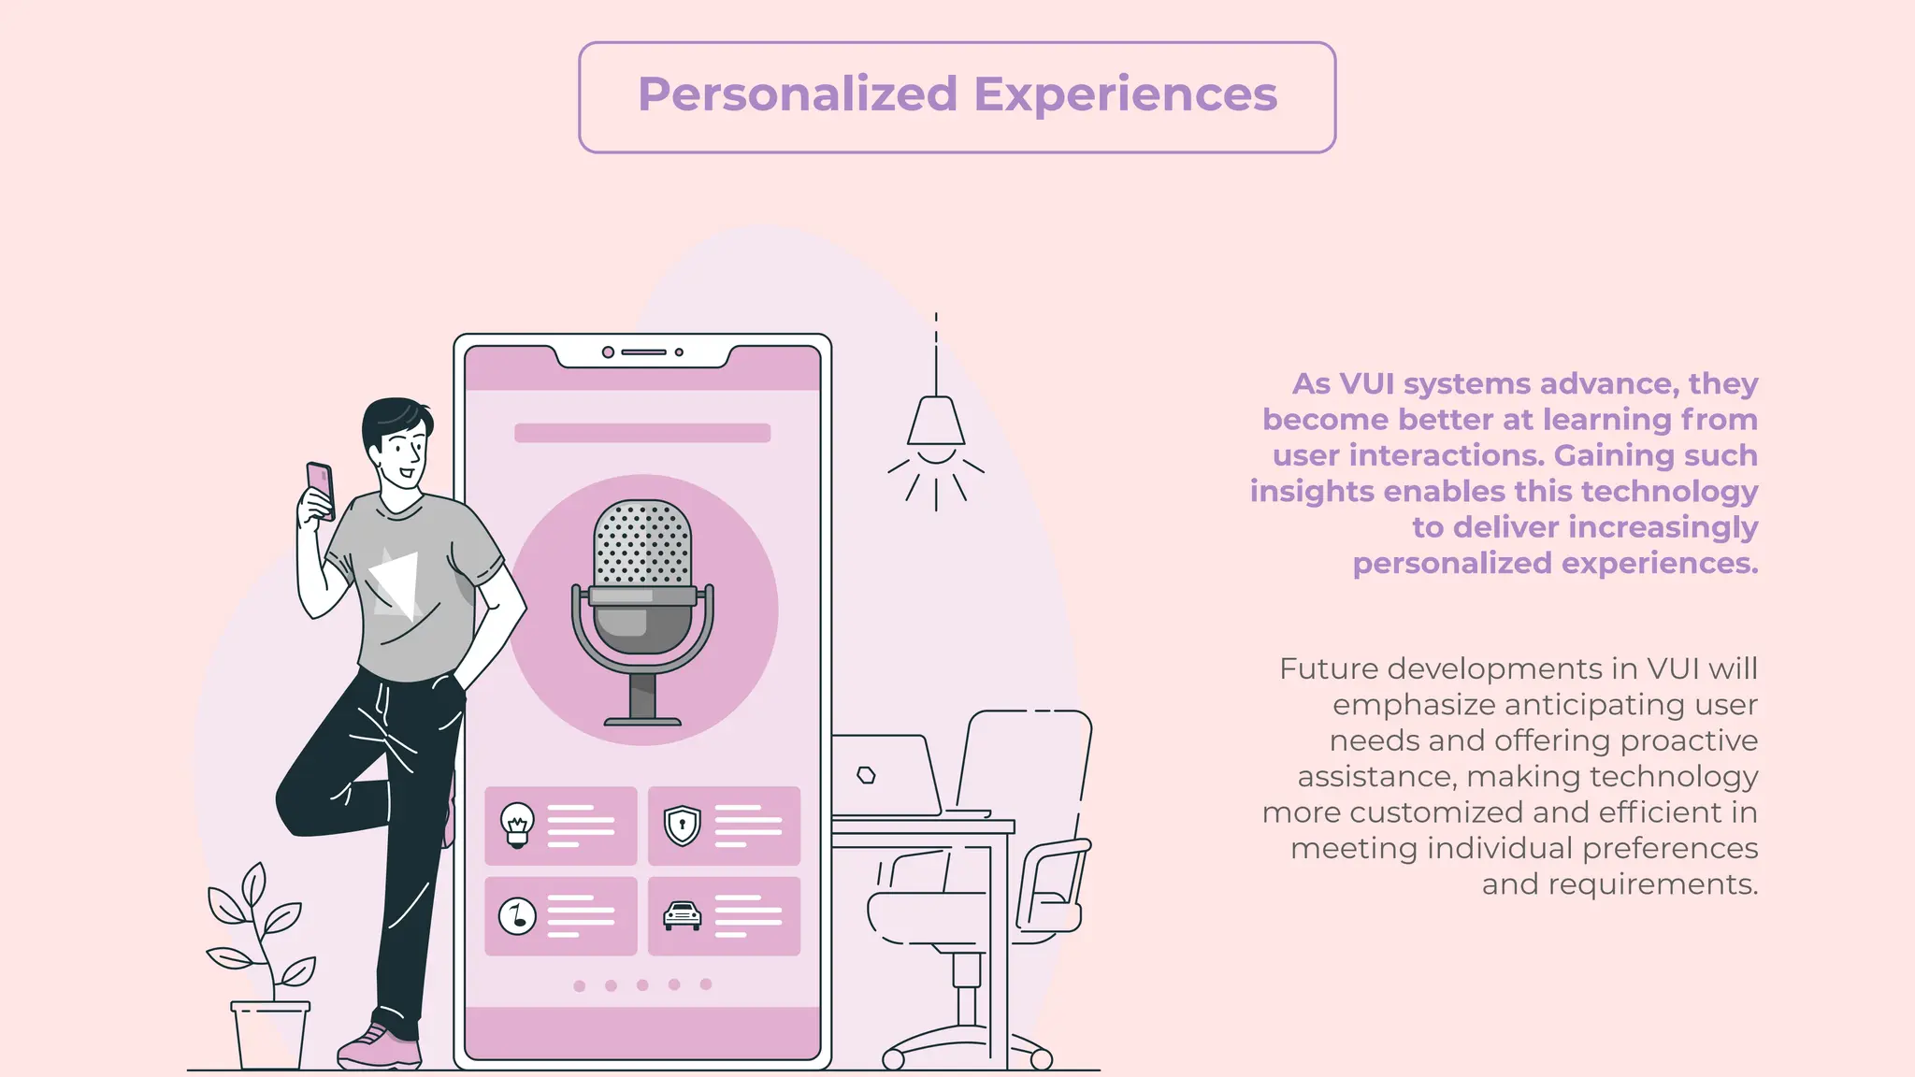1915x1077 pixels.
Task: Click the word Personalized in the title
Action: point(798,94)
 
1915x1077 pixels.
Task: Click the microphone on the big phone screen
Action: point(642,598)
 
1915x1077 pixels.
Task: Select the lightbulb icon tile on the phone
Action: point(517,825)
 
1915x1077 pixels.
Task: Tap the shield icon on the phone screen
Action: point(682,825)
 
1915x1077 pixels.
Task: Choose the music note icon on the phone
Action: point(517,915)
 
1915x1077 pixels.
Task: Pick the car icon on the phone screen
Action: point(682,915)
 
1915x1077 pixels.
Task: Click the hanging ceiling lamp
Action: point(935,423)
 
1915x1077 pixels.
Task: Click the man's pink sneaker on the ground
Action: point(378,1049)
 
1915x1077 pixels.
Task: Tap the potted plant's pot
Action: point(269,1035)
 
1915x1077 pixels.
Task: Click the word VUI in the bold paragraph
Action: point(1367,383)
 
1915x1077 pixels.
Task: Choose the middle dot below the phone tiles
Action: point(642,984)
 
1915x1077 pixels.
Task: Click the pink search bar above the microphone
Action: point(642,433)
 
